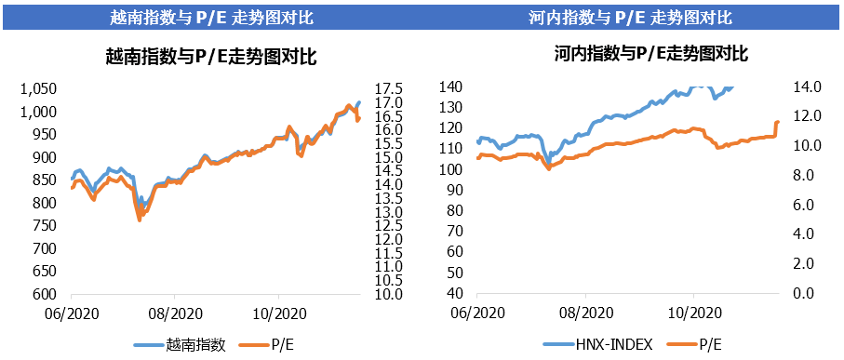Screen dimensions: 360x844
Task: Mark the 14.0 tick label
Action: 806,87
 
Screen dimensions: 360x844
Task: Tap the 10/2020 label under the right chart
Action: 693,313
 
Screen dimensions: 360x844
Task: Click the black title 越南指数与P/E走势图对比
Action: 211,58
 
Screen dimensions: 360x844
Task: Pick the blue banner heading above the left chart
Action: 210,18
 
